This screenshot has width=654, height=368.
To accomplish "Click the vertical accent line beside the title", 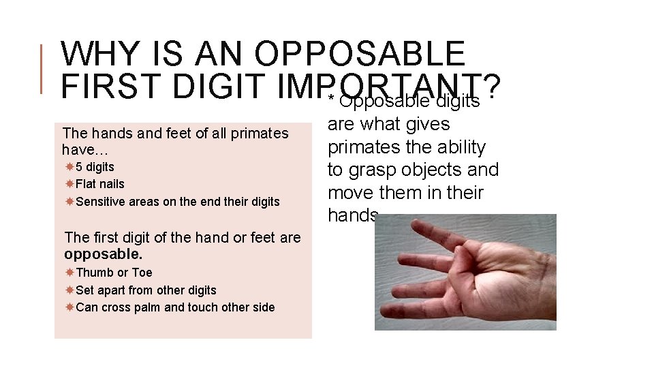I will coord(42,68).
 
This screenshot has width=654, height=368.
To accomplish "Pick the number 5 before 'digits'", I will coord(80,167).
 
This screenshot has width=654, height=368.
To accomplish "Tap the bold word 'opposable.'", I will coord(103,254).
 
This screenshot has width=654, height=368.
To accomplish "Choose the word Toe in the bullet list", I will coord(142,273).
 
